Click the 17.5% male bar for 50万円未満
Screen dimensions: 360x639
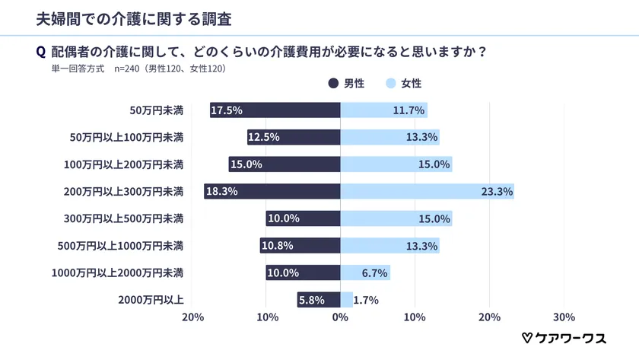pyautogui.click(x=275, y=110)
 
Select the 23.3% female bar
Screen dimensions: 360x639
pyautogui.click(x=427, y=192)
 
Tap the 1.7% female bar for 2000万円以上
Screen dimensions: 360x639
pyautogui.click(x=346, y=300)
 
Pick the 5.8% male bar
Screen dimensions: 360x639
pyautogui.click(x=319, y=300)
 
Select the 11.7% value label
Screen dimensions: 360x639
pyautogui.click(x=409, y=110)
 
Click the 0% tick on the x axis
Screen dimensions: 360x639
pyautogui.click(x=340, y=317)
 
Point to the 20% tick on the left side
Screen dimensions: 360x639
pyautogui.click(x=193, y=317)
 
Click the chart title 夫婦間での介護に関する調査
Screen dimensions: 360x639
pyautogui.click(x=123, y=17)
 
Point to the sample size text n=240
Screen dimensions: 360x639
pyautogui.click(x=128, y=68)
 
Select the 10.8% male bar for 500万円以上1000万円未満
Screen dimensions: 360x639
pyautogui.click(x=300, y=246)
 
